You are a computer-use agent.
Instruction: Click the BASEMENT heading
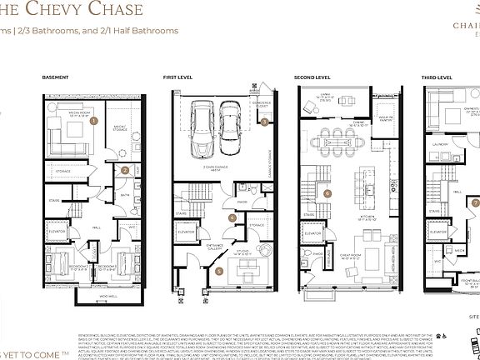coord(55,77)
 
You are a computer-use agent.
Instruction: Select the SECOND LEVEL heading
coord(310,77)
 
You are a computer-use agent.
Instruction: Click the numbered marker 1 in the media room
coord(93,121)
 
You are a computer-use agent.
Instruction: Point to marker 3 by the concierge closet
coord(265,122)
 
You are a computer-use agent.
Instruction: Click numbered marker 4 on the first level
coord(233,217)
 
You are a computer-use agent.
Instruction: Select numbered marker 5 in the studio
coord(219,270)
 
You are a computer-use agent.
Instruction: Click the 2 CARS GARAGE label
coord(216,167)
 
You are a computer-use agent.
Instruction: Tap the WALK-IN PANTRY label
coord(387,122)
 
